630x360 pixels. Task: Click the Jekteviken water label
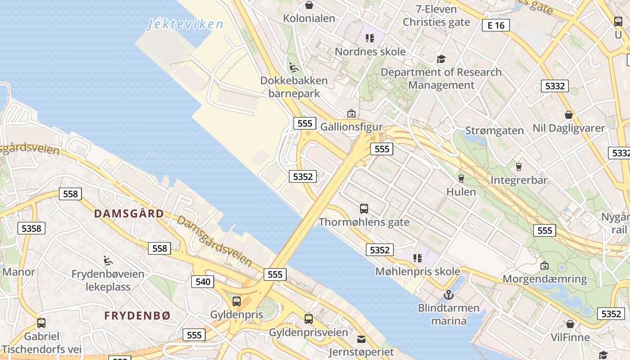[x=185, y=24]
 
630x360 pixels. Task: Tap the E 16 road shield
[x=496, y=25]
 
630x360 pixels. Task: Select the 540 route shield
[x=202, y=282]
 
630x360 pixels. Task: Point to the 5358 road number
[x=31, y=228]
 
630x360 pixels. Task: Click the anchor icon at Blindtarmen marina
[x=448, y=295]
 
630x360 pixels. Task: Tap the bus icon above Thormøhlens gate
[x=364, y=209]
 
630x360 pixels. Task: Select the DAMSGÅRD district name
[x=129, y=213]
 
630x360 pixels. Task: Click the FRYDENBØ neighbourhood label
[x=137, y=315]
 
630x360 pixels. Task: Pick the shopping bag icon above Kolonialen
[x=309, y=5]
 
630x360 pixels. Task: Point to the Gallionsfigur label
[x=351, y=127]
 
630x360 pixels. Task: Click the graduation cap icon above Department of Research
[x=441, y=59]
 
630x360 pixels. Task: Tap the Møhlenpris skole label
[x=418, y=271]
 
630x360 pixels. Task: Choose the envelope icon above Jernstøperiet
[x=361, y=339]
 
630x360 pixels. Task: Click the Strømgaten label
[x=495, y=130]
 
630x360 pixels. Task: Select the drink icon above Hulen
[x=461, y=178]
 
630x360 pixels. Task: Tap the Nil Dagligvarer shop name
[x=569, y=128]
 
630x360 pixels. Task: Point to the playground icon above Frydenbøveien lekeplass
[x=108, y=261]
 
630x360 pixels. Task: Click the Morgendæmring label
[x=544, y=279]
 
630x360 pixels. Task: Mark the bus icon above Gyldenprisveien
[x=309, y=319]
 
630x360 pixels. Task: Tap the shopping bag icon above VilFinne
[x=570, y=324]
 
